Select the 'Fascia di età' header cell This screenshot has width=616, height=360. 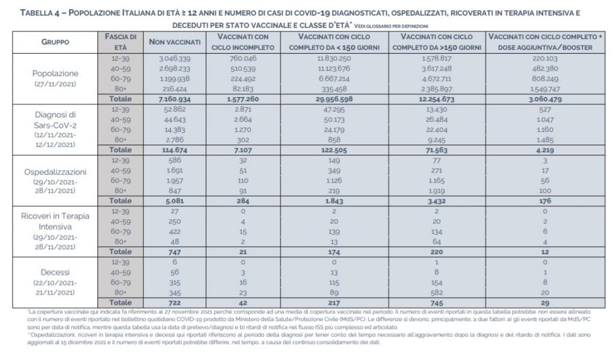[121, 42]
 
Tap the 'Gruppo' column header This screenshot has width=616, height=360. [55, 42]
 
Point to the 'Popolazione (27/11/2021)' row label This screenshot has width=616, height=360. [55, 78]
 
